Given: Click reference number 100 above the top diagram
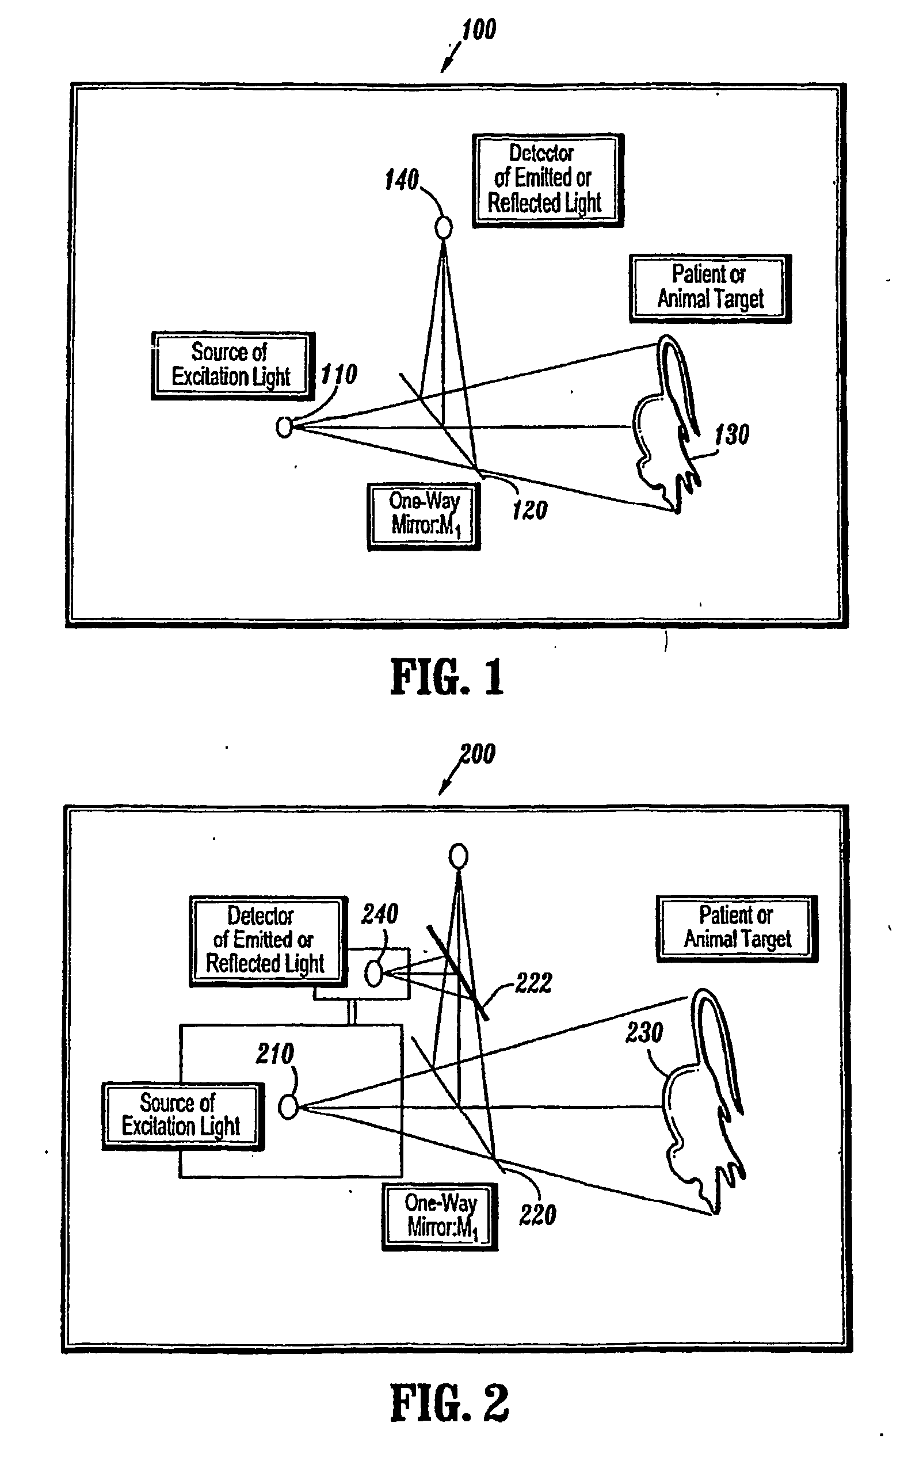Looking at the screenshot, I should (x=479, y=30).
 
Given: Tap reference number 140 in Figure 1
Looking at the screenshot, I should (x=402, y=180).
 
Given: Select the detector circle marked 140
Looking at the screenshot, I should (x=444, y=227).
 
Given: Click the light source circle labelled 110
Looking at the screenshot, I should (x=285, y=427).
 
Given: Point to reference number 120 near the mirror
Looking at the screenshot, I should (x=530, y=510).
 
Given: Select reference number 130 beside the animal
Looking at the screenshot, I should (x=733, y=434).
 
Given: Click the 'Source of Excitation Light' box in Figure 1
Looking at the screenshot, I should (x=232, y=365).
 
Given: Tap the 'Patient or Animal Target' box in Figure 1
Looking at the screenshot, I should (x=710, y=288).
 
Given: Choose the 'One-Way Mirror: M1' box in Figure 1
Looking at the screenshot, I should (x=424, y=516).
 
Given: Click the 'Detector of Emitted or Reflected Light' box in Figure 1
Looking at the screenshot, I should (x=548, y=180).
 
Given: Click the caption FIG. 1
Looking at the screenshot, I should (x=447, y=677).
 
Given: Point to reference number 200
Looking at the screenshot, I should (x=478, y=754).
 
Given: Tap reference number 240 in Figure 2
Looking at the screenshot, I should (x=380, y=914).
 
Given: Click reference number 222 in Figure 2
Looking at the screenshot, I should (x=533, y=983).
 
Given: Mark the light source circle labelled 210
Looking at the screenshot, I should (x=288, y=1107).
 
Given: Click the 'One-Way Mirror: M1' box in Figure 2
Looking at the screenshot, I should (x=440, y=1216).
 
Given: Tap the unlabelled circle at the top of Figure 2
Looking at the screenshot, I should (x=459, y=856).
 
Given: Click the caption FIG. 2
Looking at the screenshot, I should (x=449, y=1403).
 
